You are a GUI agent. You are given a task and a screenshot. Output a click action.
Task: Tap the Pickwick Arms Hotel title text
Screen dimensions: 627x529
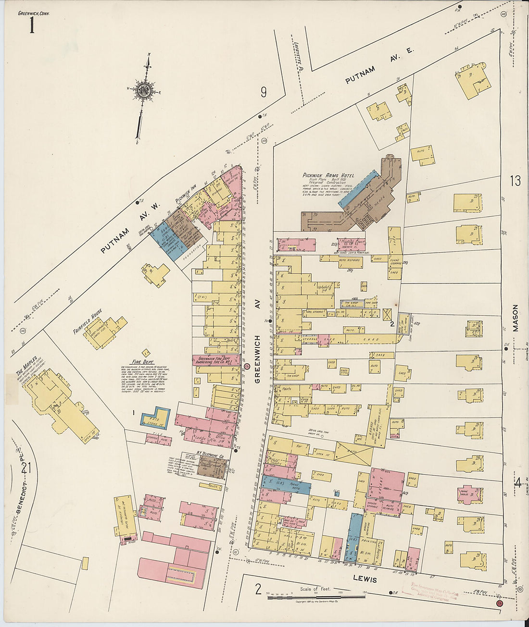click(x=328, y=175)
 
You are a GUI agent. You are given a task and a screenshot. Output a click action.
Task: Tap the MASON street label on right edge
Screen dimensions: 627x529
click(x=515, y=318)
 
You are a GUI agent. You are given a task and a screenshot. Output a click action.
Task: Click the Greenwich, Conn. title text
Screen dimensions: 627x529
click(x=33, y=13)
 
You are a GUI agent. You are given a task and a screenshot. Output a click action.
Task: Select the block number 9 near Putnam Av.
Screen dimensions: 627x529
click(x=264, y=92)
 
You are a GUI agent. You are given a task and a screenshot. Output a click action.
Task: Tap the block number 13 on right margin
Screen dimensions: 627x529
click(x=515, y=181)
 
